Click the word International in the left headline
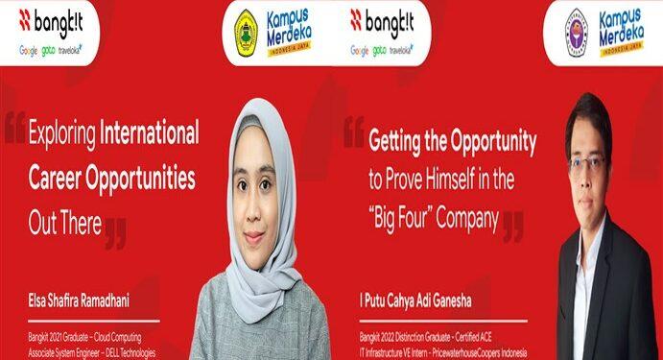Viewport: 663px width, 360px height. click(149, 133)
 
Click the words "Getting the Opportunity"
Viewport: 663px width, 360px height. click(452, 142)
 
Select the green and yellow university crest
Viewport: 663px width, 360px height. click(247, 32)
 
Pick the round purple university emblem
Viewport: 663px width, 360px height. click(576, 32)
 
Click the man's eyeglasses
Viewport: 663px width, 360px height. click(586, 162)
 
